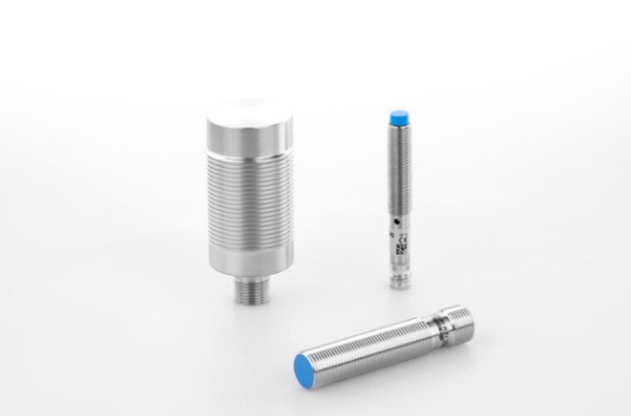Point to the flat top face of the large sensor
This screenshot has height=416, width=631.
(250, 113)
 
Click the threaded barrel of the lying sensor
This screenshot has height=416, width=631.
(366, 345)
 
